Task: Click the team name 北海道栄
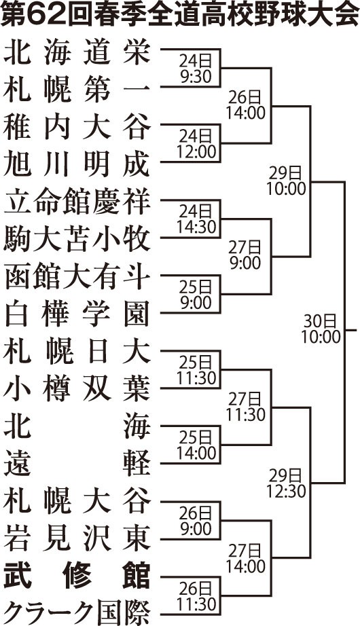pyautogui.click(x=77, y=53)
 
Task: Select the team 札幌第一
pyautogui.click(x=77, y=90)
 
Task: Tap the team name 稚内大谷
pyautogui.click(x=77, y=128)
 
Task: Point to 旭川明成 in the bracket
pyautogui.click(x=77, y=165)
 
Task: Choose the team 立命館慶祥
pyautogui.click(x=77, y=202)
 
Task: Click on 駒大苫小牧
pyautogui.click(x=77, y=240)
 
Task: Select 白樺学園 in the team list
pyautogui.click(x=77, y=314)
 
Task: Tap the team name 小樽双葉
pyautogui.click(x=77, y=389)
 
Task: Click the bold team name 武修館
pyautogui.click(x=77, y=576)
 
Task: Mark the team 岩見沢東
pyautogui.click(x=77, y=538)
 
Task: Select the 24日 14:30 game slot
pyautogui.click(x=196, y=219)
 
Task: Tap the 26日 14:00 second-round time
pyautogui.click(x=246, y=105)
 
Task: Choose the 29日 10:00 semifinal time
pyautogui.click(x=286, y=181)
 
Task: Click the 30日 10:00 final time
pyautogui.click(x=321, y=329)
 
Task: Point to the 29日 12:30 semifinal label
pyautogui.click(x=286, y=483)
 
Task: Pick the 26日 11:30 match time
pyautogui.click(x=196, y=595)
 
